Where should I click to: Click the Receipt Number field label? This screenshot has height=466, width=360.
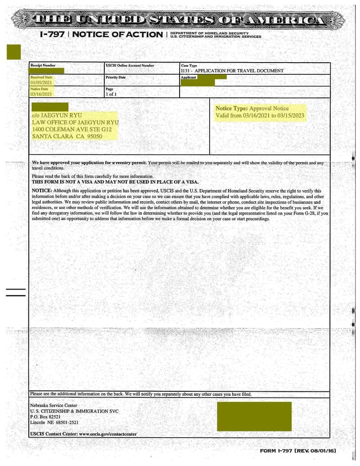(x=43, y=66)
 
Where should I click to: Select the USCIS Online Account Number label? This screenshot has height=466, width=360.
(x=130, y=66)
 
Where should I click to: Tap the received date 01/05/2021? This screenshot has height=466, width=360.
(x=41, y=83)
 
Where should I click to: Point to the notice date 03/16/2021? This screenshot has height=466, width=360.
(x=41, y=95)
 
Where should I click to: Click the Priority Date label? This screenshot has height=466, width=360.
(x=116, y=77)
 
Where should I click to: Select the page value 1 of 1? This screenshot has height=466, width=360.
(x=111, y=95)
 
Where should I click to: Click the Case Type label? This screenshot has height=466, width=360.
(x=189, y=66)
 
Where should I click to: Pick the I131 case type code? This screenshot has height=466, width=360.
(x=186, y=71)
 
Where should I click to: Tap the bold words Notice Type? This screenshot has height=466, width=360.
(x=231, y=109)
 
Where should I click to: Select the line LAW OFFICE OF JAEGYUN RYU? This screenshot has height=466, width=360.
(x=75, y=122)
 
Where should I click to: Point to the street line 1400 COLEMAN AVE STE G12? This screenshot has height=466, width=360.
(x=72, y=129)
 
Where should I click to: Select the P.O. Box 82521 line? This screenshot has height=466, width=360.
(x=45, y=417)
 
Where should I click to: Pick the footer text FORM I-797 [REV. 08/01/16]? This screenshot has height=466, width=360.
(x=298, y=451)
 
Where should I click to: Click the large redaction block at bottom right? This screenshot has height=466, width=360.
(x=254, y=416)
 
